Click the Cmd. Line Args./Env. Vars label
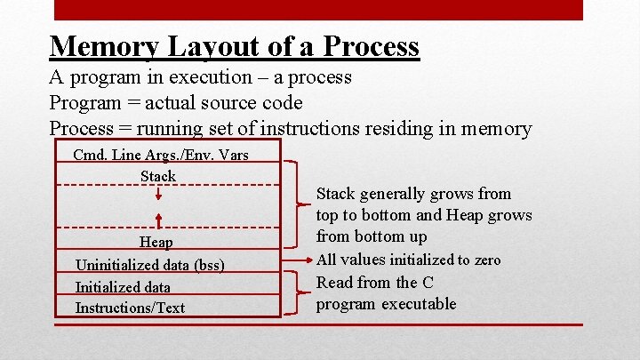[160, 156]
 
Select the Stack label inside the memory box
[158, 176]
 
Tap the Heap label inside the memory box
[156, 242]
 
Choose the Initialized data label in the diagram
[123, 287]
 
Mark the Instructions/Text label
[130, 308]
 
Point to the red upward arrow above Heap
[158, 220]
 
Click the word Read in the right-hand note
[335, 283]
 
